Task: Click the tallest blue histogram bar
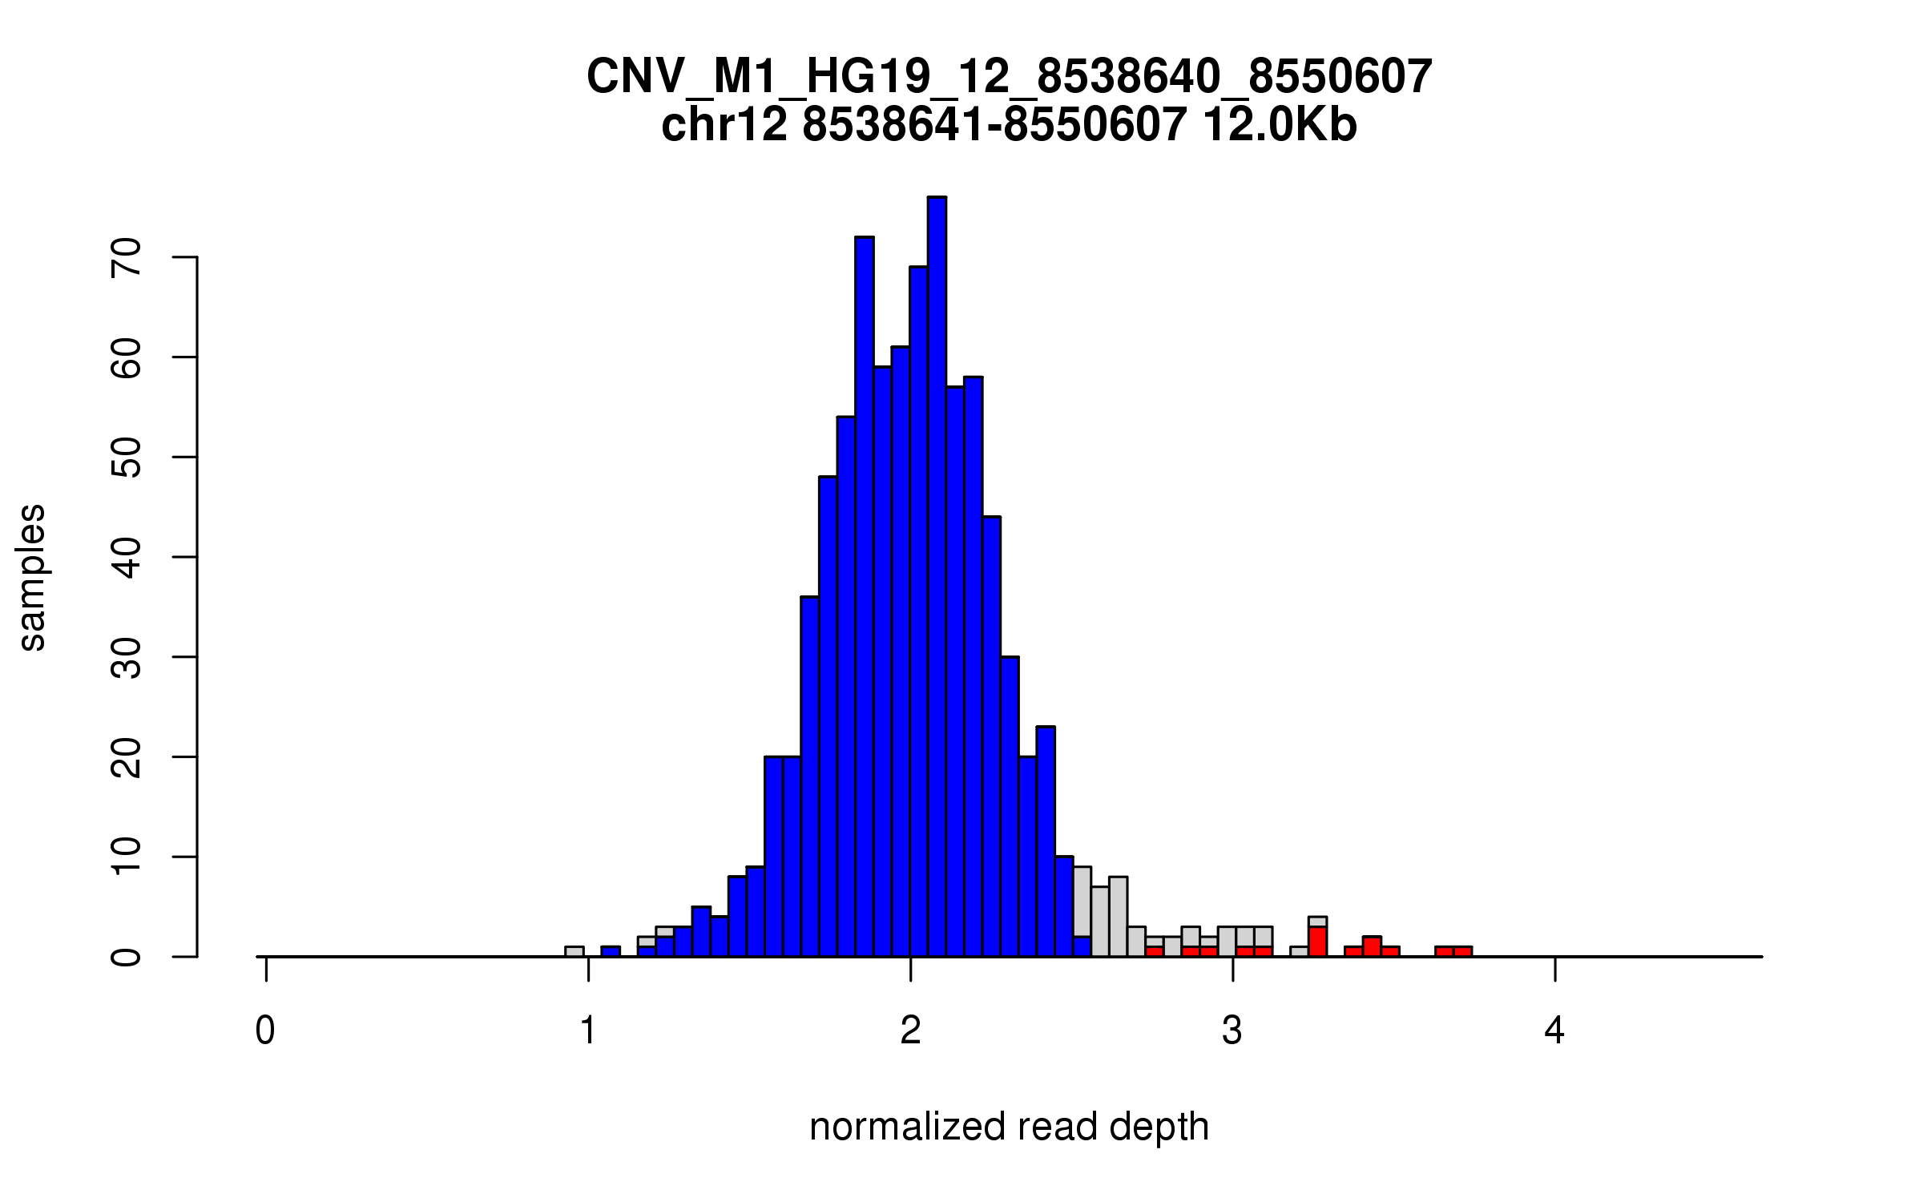(x=937, y=577)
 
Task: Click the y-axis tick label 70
(x=126, y=258)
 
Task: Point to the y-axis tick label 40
(x=126, y=558)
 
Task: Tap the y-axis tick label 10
(x=126, y=857)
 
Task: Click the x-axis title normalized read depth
(x=1009, y=1127)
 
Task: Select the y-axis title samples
(x=32, y=577)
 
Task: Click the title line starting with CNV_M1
(x=1009, y=77)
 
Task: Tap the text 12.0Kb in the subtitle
(x=1280, y=126)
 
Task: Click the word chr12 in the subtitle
(x=724, y=126)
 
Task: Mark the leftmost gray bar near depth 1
(x=574, y=951)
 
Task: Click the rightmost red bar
(x=1463, y=951)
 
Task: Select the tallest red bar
(x=1318, y=942)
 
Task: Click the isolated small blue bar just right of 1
(x=611, y=951)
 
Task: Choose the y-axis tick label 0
(x=126, y=957)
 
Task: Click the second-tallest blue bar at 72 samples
(x=865, y=597)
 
